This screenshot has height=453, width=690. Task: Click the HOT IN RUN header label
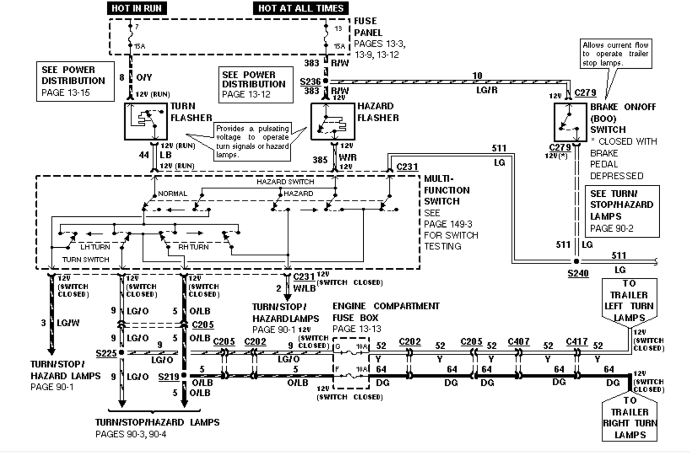click(137, 8)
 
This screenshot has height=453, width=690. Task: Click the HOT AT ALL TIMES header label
click(301, 8)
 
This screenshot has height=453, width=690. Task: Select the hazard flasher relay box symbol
click(333, 121)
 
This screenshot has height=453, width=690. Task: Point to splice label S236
click(310, 82)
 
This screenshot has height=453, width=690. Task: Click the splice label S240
click(578, 274)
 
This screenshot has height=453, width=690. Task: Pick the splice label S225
click(106, 353)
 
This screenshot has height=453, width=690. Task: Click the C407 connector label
click(519, 342)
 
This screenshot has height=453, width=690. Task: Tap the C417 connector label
click(576, 342)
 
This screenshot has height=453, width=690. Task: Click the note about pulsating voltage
click(252, 142)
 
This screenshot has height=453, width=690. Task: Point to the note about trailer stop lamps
click(615, 54)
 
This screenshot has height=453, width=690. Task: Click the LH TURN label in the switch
click(95, 247)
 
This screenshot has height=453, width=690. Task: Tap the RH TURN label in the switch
click(193, 247)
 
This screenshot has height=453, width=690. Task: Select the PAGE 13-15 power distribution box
click(75, 81)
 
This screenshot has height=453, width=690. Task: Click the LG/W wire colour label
click(68, 323)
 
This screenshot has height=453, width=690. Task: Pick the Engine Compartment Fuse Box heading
click(385, 312)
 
